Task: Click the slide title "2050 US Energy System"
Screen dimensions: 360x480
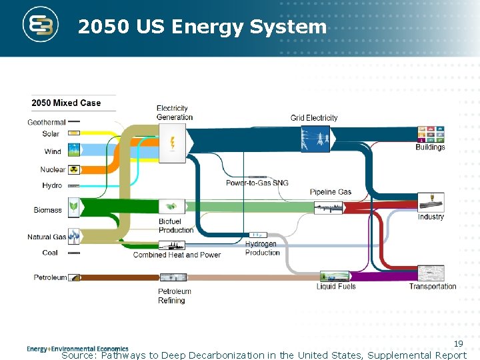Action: [x=202, y=27]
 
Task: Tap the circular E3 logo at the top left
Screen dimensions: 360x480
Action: [x=42, y=25]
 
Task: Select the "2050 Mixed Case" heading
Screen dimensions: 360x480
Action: [x=66, y=103]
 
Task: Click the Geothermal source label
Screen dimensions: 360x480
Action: [x=47, y=122]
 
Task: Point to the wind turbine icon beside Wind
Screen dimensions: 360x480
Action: [x=73, y=151]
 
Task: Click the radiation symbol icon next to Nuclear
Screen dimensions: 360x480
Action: [x=73, y=169]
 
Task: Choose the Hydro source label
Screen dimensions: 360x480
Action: [x=52, y=185]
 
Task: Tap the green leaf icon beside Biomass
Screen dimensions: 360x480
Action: [x=73, y=209]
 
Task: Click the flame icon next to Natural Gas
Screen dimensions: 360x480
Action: [x=73, y=236]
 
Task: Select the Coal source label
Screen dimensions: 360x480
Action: [x=50, y=253]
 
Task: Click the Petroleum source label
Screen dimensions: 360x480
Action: [x=51, y=277]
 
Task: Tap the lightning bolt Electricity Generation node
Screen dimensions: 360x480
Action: [x=173, y=143]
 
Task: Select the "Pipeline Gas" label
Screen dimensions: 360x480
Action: [x=331, y=192]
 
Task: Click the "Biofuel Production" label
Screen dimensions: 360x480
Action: [x=176, y=225]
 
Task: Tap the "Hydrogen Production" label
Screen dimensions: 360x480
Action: [x=262, y=248]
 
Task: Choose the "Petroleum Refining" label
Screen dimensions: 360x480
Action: [x=175, y=295]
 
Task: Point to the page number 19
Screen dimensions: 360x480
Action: [x=459, y=343]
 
